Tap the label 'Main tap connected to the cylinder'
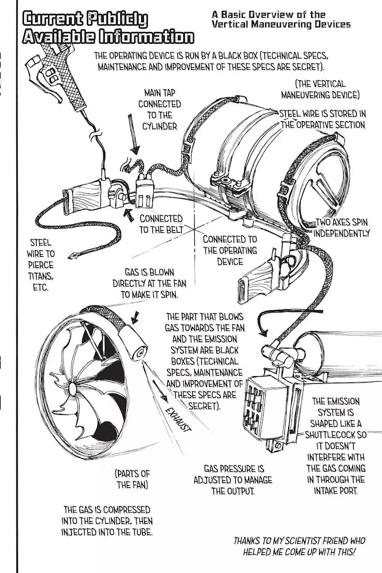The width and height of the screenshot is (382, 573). pyautogui.click(x=159, y=110)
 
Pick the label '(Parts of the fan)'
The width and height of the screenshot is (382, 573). pyautogui.click(x=132, y=478)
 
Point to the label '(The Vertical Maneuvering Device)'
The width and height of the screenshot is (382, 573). pyautogui.click(x=320, y=89)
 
